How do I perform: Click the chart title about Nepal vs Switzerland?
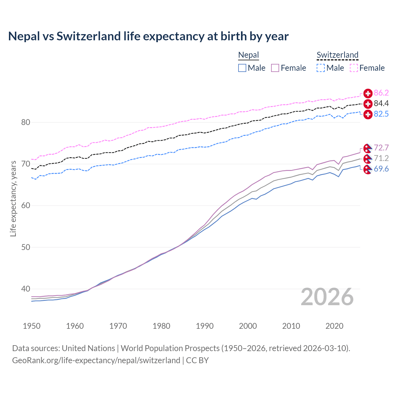click(x=148, y=36)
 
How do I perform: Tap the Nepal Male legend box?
click(x=242, y=68)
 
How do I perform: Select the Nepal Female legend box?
click(x=275, y=68)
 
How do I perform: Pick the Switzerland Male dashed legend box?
click(x=321, y=68)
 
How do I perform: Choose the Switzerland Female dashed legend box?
click(x=354, y=68)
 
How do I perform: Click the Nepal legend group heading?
click(x=248, y=55)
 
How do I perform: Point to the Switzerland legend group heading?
click(x=337, y=55)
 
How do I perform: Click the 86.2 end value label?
click(x=381, y=93)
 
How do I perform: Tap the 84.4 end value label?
click(x=381, y=104)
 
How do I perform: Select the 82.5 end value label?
click(x=381, y=114)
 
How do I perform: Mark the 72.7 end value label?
click(x=381, y=148)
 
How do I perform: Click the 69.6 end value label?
click(x=381, y=169)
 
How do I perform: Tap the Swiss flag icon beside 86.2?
click(x=368, y=93)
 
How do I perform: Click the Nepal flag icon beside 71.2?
click(x=368, y=159)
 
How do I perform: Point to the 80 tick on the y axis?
click(x=26, y=123)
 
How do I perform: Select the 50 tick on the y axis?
click(x=26, y=248)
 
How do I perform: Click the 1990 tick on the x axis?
click(x=205, y=326)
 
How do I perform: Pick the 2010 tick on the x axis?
click(x=291, y=326)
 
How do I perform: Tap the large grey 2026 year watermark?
click(x=327, y=297)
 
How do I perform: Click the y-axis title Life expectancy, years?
click(x=13, y=198)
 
